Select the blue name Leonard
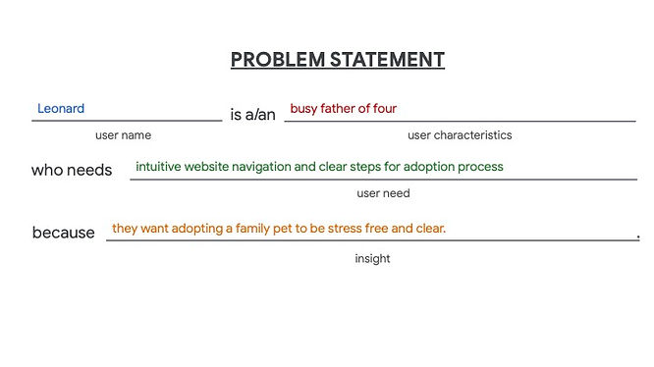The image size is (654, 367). pyautogui.click(x=61, y=109)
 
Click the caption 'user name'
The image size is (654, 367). pyautogui.click(x=123, y=135)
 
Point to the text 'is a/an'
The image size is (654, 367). pyautogui.click(x=252, y=115)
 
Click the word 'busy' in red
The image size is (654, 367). pyautogui.click(x=303, y=109)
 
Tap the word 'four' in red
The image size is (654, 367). pyautogui.click(x=384, y=109)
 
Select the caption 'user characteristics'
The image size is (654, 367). pyautogui.click(x=460, y=135)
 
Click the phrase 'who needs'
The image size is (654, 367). pyautogui.click(x=72, y=170)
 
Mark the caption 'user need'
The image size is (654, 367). pyautogui.click(x=383, y=193)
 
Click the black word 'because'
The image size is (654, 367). pyautogui.click(x=64, y=233)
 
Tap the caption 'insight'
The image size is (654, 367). pyautogui.click(x=372, y=259)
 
